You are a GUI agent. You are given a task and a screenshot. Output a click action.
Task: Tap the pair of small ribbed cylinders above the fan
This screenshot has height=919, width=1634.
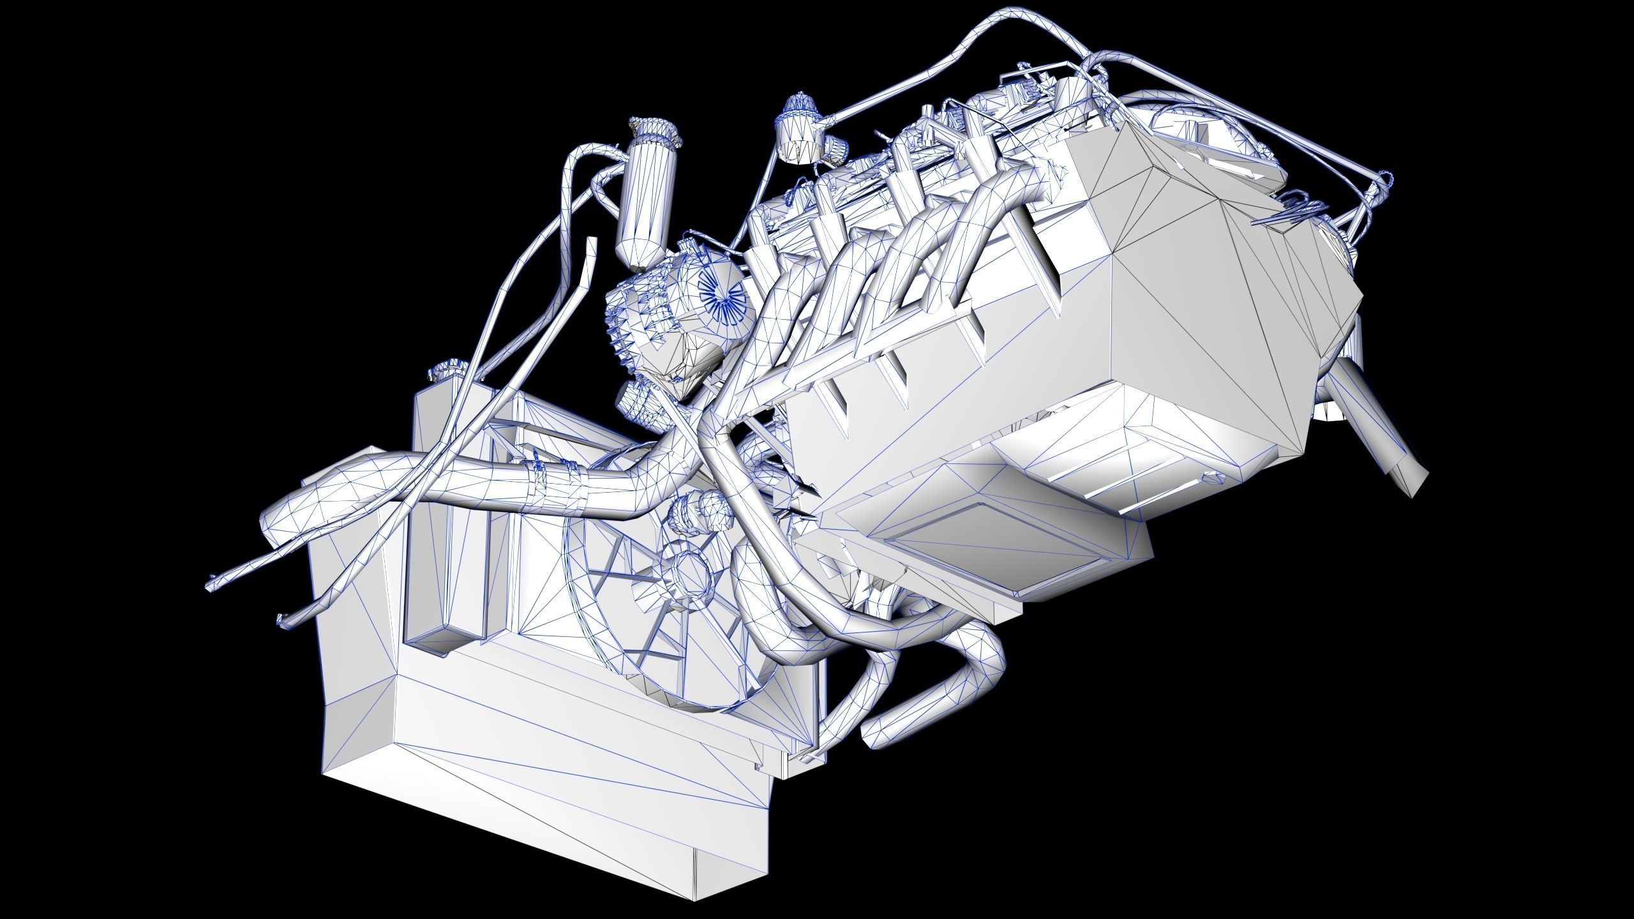coord(699,507)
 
